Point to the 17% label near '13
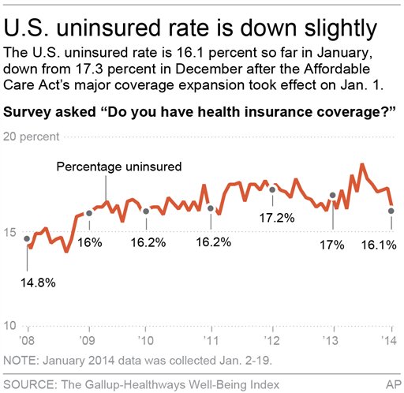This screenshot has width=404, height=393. [332, 245]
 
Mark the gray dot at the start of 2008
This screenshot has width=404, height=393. [28, 238]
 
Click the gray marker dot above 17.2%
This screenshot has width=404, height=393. [272, 189]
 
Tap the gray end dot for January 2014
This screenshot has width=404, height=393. [391, 210]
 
